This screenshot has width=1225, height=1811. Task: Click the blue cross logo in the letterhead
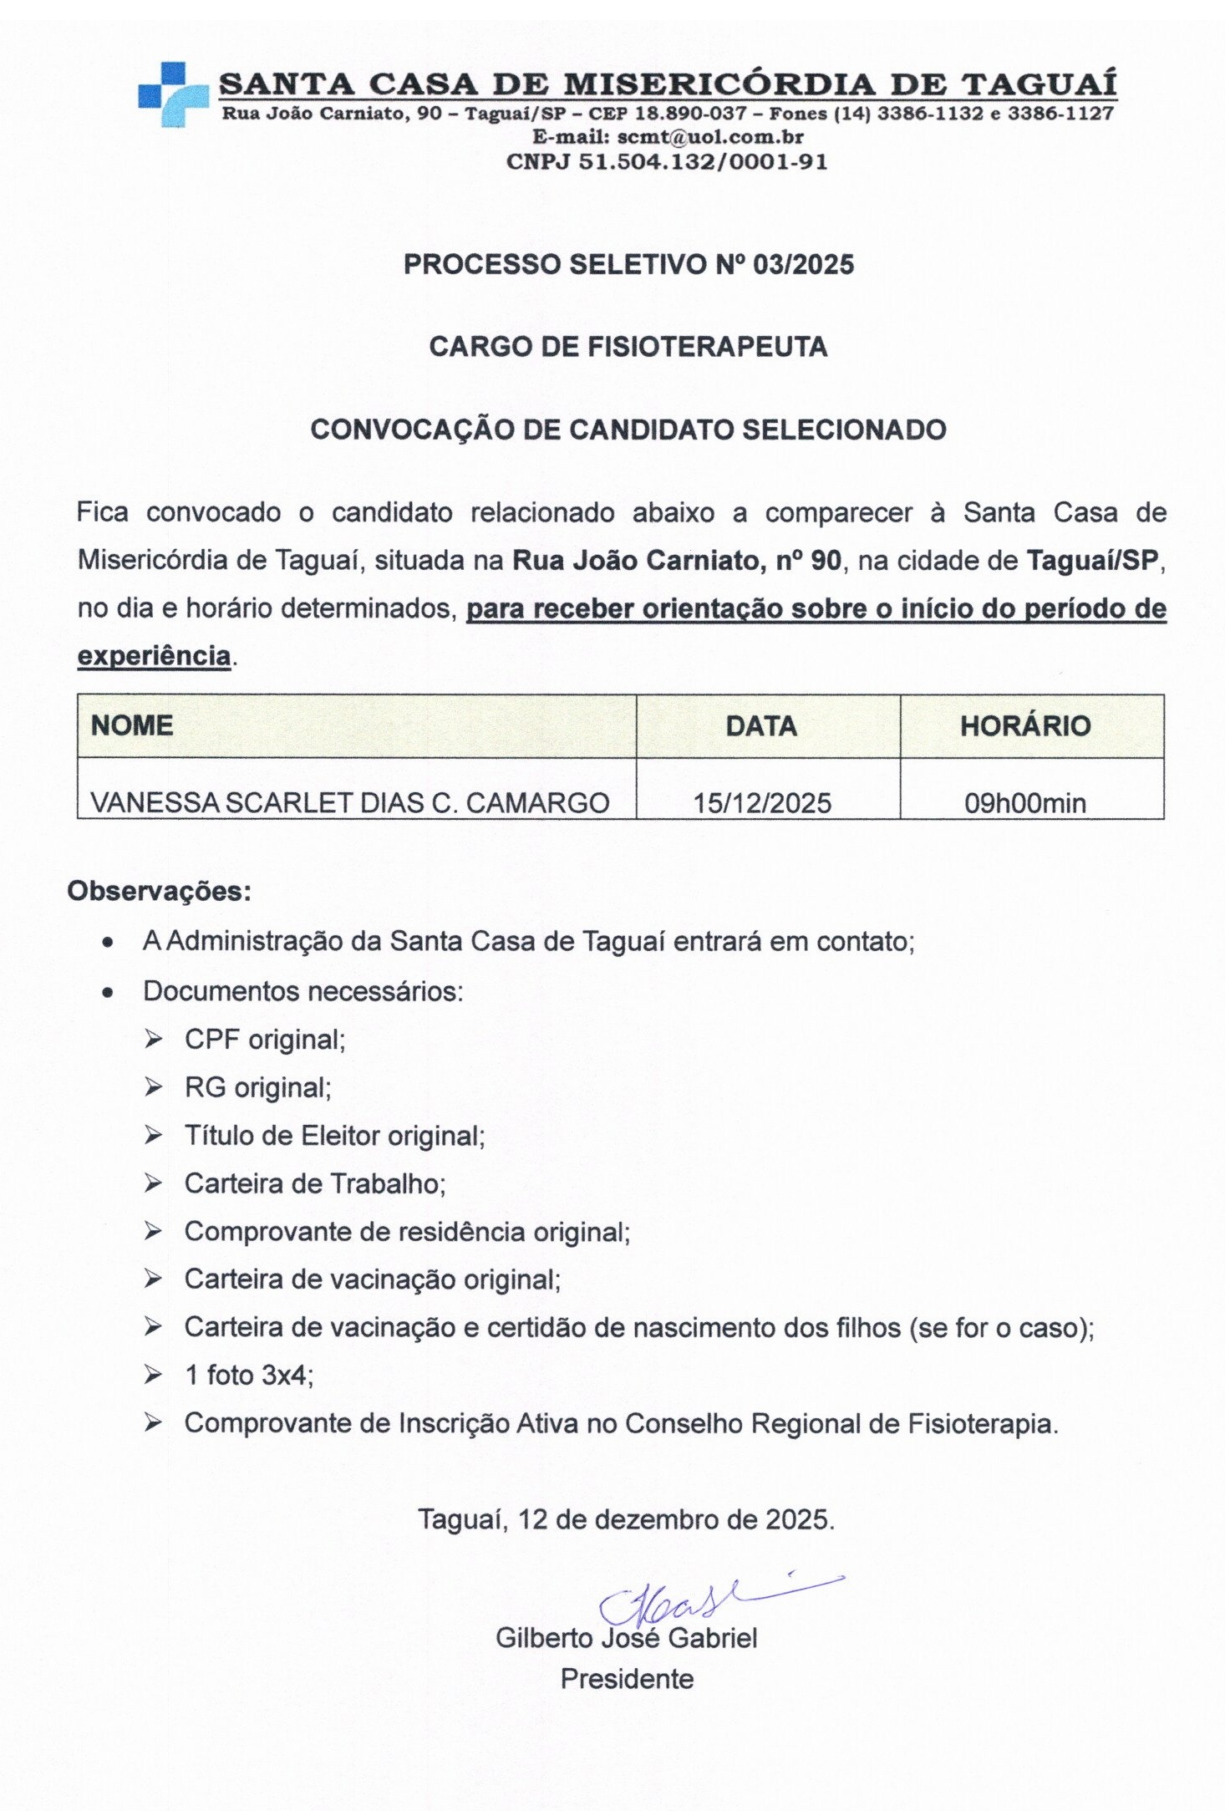tap(172, 94)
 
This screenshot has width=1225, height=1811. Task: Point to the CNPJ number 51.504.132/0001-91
tap(703, 161)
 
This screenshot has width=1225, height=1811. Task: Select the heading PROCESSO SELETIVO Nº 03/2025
tap(628, 265)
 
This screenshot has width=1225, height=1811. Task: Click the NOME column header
tap(132, 725)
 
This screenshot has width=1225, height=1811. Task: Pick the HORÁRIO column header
tap(1025, 725)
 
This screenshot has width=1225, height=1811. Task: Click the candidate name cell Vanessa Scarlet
tap(349, 803)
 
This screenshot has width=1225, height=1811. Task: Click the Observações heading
tap(159, 892)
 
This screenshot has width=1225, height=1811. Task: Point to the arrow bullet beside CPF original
tap(153, 1040)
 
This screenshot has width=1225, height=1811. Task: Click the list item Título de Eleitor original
tap(334, 1136)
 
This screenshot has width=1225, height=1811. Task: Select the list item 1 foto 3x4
tap(248, 1376)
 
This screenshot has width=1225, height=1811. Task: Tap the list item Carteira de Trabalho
tap(315, 1183)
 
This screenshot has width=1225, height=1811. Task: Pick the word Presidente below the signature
tap(627, 1680)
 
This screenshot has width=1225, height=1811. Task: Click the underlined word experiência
tap(154, 656)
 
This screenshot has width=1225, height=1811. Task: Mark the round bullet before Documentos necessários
tap(107, 993)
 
